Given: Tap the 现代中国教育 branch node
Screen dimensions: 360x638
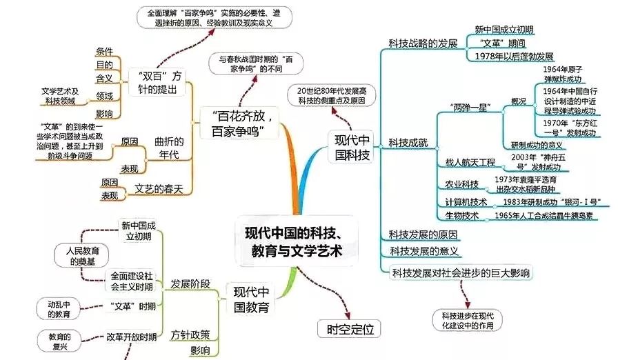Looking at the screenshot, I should (250, 298).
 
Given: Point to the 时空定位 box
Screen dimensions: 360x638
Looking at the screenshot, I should (348, 328).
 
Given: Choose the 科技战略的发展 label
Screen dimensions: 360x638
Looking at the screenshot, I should (423, 43).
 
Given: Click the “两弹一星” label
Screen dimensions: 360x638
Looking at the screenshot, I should (472, 108).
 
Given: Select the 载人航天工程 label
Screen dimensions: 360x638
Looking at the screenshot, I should (470, 163).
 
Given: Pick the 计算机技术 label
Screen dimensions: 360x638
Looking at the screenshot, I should (465, 202).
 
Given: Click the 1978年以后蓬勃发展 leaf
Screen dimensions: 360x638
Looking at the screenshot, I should (510, 56).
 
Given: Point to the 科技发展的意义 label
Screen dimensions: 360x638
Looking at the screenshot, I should (424, 251).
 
